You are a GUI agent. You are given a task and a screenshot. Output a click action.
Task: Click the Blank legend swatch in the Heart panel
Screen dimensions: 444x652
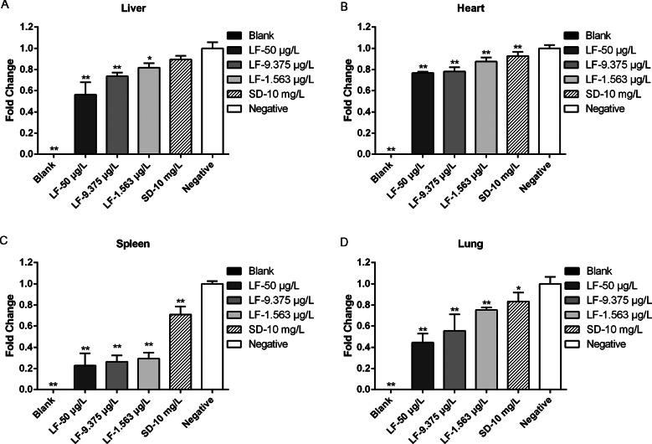pos(576,37)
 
